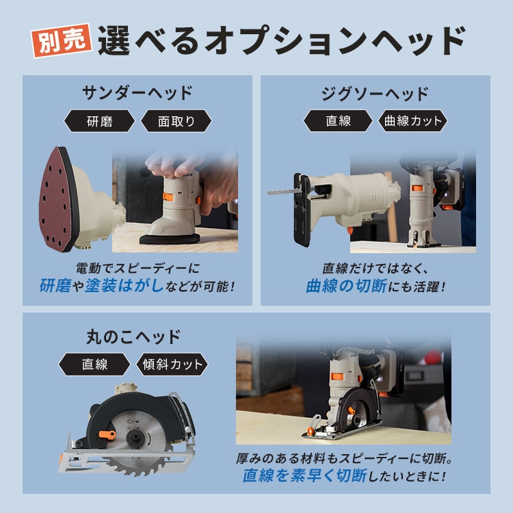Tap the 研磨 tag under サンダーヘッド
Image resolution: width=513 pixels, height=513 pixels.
[x=100, y=122]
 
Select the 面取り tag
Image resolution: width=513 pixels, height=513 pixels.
[x=176, y=122]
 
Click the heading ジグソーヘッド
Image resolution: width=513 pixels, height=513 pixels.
[x=375, y=94]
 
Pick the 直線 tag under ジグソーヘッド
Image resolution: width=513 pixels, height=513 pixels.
[x=338, y=122]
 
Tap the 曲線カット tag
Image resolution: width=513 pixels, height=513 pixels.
[x=413, y=122]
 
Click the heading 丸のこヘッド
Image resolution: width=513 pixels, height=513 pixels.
[x=133, y=337]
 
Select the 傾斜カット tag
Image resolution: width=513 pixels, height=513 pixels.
[x=171, y=364]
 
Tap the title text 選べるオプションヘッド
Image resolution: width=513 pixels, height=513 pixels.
[x=280, y=41]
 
